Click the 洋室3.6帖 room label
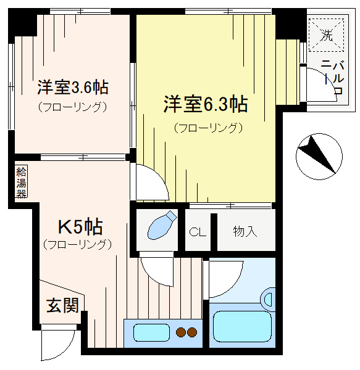click(73, 87)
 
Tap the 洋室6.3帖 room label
click(206, 104)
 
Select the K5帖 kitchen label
click(80, 227)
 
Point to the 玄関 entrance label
click(62, 305)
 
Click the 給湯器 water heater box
click(21, 181)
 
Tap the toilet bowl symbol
click(162, 225)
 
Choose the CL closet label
click(198, 232)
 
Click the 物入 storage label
click(245, 231)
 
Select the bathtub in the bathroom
click(242, 326)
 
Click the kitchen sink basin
click(151, 332)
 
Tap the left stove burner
click(181, 332)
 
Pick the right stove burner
click(192, 332)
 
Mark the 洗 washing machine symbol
click(326, 35)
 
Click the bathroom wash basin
click(269, 300)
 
